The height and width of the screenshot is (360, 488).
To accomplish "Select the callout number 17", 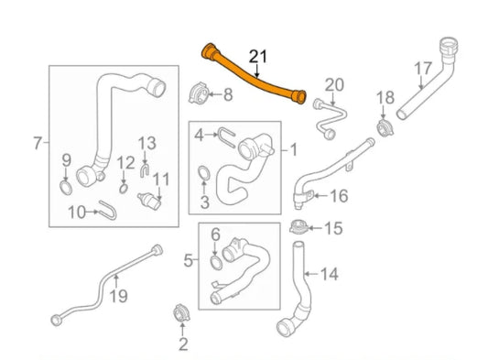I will [x=423, y=68].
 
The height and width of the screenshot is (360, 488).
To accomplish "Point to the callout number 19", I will [x=117, y=295].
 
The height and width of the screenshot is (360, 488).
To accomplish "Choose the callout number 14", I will [x=330, y=273].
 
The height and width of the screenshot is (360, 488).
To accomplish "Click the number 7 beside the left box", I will [x=38, y=142].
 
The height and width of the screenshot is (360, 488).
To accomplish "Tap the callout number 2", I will [x=182, y=344].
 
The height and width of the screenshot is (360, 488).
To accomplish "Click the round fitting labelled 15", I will [x=297, y=227].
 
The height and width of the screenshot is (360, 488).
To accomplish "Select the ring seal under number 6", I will [x=215, y=263].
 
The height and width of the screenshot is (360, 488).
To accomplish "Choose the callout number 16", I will [x=339, y=195].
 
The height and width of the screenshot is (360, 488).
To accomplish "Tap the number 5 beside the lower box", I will [x=189, y=261].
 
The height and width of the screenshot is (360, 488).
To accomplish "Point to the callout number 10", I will [x=77, y=213].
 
